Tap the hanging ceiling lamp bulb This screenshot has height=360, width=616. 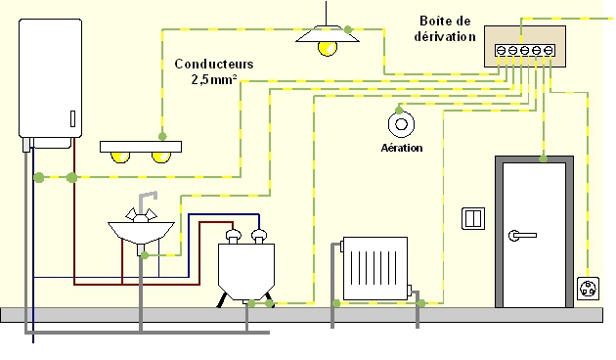coord(326,46)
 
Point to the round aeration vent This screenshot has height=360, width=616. coord(401,124)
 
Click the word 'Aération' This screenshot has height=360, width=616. coord(401,148)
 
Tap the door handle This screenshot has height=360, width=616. coord(521,235)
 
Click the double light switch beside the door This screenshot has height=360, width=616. coord(472,217)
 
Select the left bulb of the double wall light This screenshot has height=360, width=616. coord(120,156)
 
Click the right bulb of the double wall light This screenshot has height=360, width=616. coord(158,156)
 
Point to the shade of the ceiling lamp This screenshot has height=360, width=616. coord(325,34)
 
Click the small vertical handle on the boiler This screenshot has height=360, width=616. coord(70,118)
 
